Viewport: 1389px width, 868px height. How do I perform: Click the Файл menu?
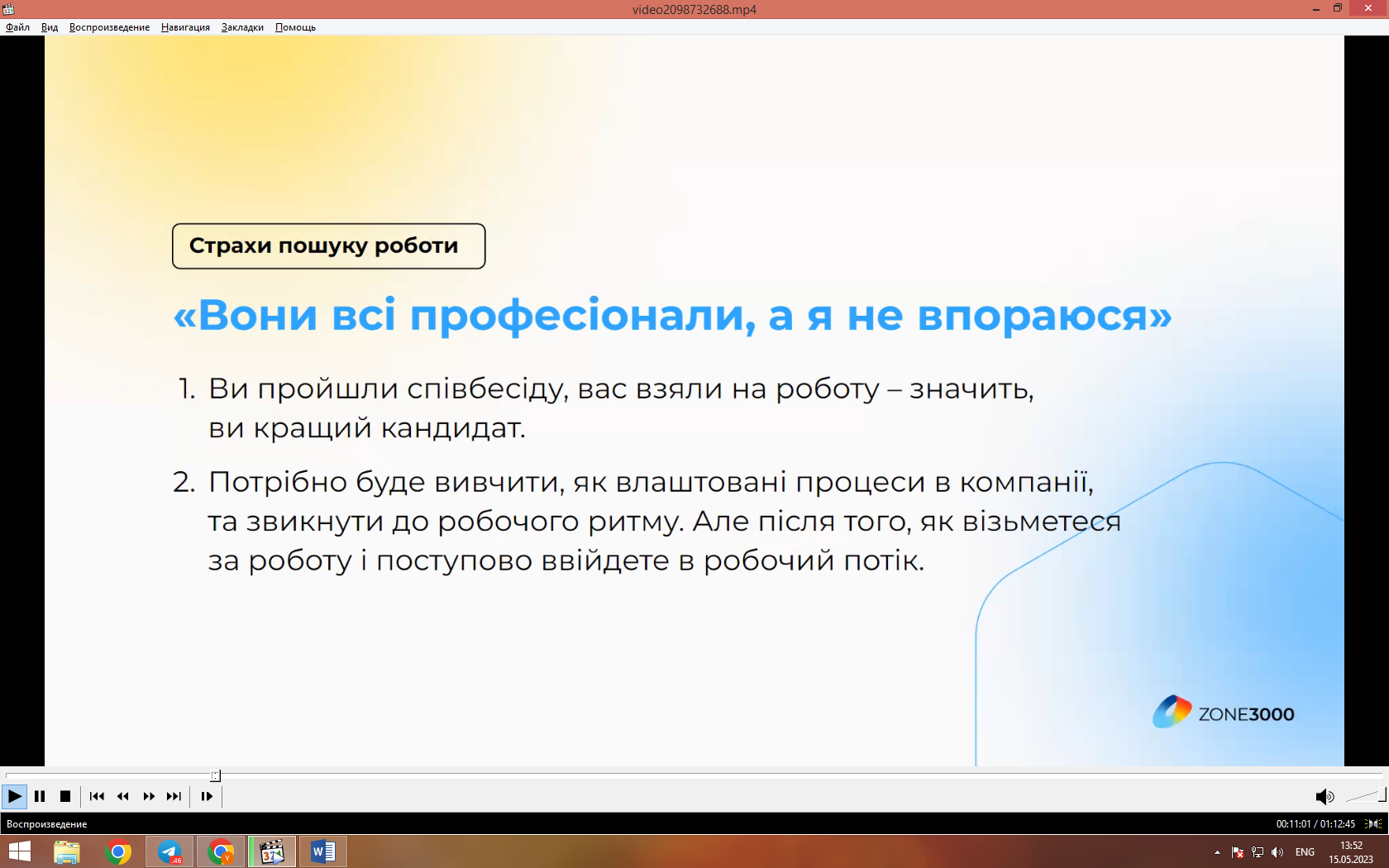click(17, 27)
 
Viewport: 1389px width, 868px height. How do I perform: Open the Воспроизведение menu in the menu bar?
click(109, 27)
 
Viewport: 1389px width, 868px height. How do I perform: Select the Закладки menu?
click(242, 27)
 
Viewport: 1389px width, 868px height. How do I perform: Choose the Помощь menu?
click(295, 27)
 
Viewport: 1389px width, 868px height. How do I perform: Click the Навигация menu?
click(185, 27)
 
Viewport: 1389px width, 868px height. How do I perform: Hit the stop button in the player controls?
click(65, 796)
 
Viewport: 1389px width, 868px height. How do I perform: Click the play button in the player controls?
click(14, 796)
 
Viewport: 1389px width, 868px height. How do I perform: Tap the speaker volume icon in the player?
click(1324, 797)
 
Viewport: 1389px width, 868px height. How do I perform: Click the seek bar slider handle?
click(215, 775)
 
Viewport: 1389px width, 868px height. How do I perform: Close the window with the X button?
click(1368, 8)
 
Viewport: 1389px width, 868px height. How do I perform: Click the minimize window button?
click(1316, 8)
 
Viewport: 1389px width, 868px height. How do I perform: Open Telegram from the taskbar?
click(169, 851)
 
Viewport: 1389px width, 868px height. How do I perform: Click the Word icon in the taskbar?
click(323, 851)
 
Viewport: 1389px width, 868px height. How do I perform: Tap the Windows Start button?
click(19, 851)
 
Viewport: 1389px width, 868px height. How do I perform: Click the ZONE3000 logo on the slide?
click(1224, 713)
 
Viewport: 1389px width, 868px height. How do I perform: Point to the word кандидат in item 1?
click(453, 428)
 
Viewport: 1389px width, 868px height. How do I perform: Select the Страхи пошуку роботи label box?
click(329, 246)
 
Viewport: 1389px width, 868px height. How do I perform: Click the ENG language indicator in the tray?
click(1305, 852)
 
